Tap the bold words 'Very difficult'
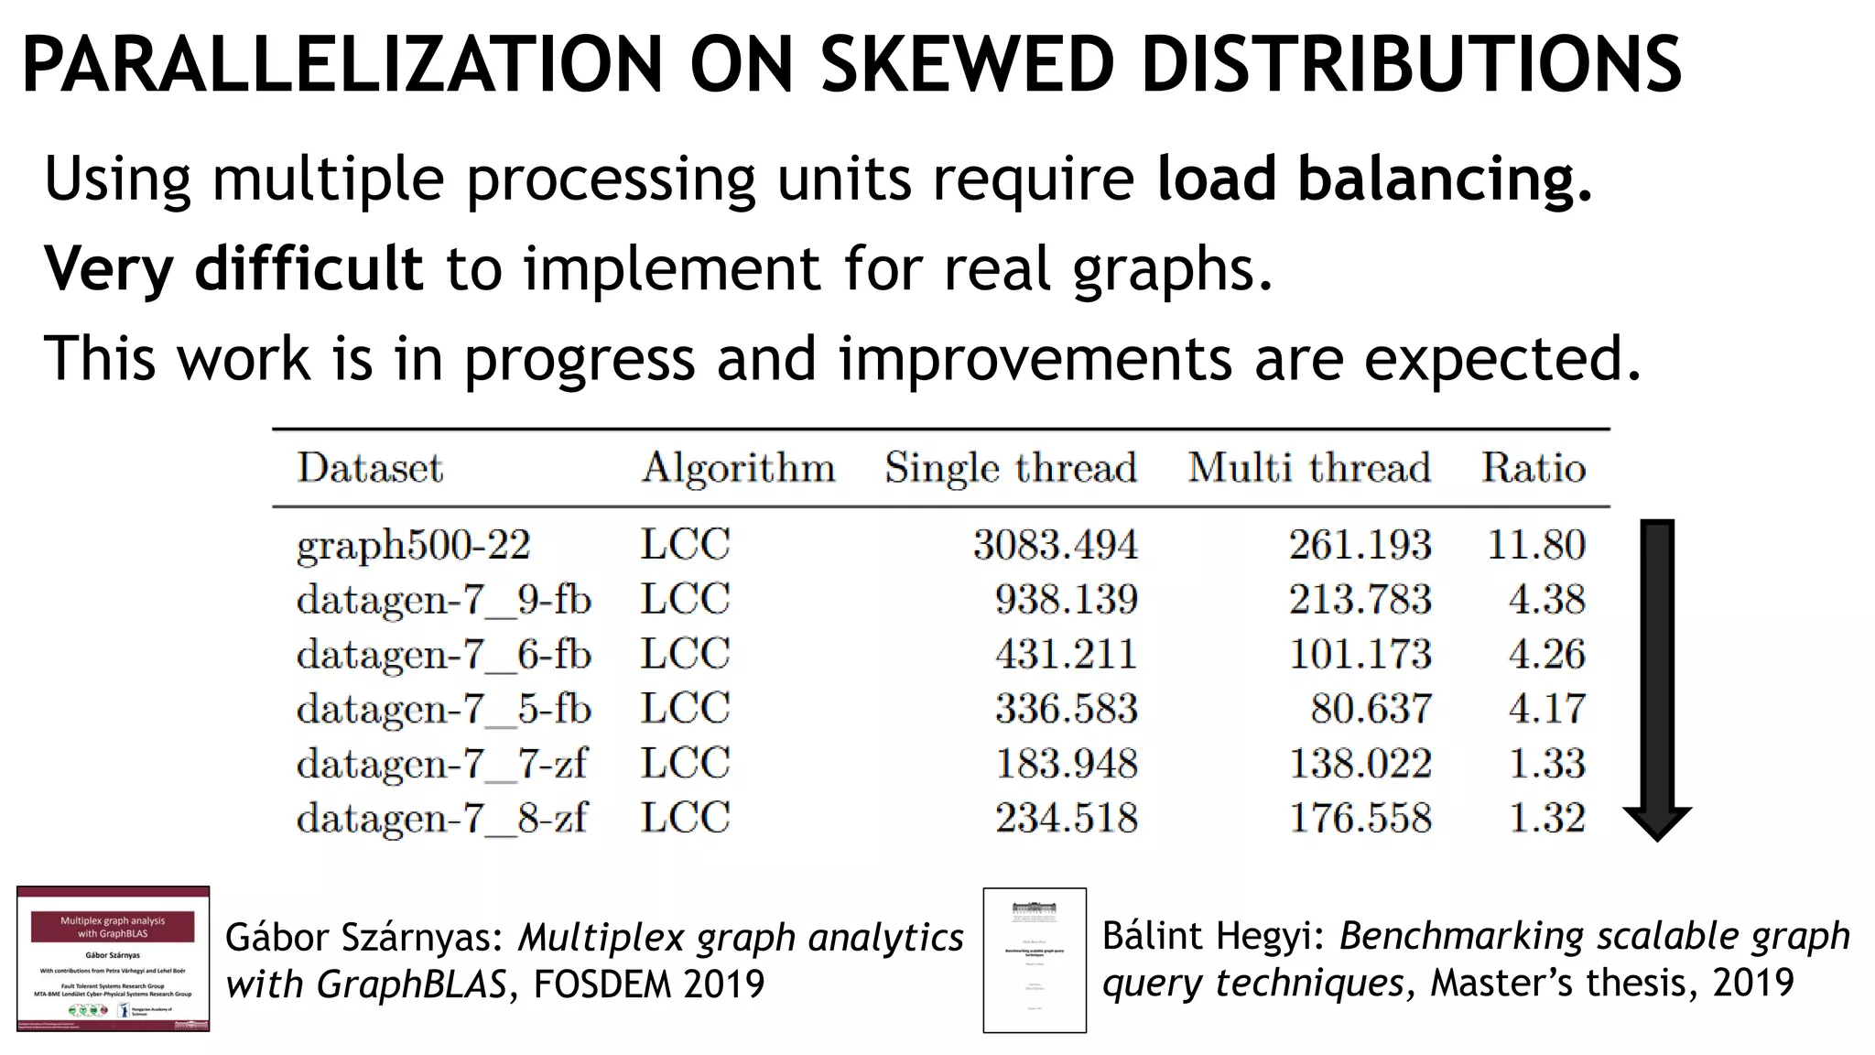233,268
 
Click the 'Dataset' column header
370,468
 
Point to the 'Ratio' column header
1534,468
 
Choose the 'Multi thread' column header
1309,468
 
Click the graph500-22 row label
413,546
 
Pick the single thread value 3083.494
1055,545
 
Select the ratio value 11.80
1536,545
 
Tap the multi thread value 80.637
1371,709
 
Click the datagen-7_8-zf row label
441,819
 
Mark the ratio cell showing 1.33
1547,764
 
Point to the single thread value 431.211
1067,655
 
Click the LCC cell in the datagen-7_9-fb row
685,600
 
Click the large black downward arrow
1657,678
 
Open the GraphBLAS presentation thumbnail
113,959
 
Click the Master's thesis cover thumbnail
1035,960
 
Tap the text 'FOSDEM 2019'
648,984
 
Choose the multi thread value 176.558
1360,819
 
